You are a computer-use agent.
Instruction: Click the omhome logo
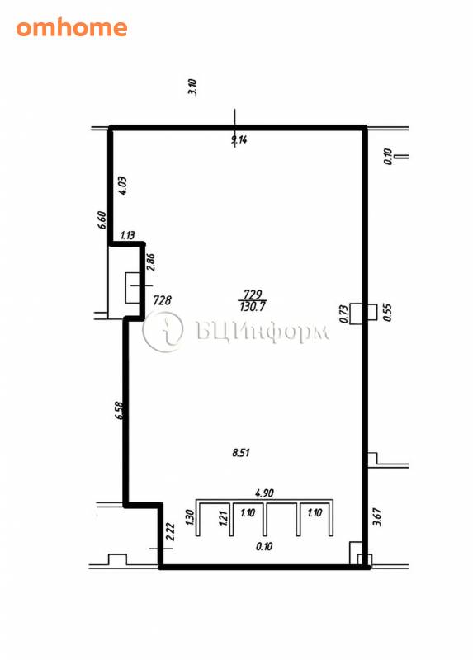72,28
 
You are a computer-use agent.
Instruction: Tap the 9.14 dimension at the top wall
239,139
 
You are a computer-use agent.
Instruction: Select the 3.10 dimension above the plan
193,87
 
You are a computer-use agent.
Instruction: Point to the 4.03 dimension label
123,185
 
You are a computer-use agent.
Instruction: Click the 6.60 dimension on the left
102,220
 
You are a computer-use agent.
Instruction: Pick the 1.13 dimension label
127,235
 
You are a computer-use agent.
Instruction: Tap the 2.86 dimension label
151,262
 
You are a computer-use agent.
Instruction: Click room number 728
162,300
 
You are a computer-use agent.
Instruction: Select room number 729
253,294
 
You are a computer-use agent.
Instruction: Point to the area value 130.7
253,306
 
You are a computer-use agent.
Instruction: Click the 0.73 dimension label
343,314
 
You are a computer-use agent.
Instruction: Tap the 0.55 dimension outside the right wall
387,313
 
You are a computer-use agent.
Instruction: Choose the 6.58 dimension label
119,410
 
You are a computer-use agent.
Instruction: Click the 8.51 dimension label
241,452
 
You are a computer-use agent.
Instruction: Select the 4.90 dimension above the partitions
264,493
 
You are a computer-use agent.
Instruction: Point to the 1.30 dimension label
189,516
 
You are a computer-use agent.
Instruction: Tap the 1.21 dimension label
224,518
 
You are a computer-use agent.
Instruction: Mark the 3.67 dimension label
377,517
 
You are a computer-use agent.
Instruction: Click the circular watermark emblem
163,332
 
